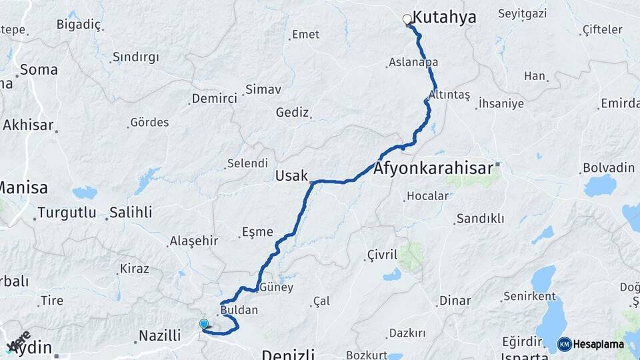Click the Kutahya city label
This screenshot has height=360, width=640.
[x=445, y=17]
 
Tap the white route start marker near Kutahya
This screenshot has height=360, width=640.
[x=407, y=19]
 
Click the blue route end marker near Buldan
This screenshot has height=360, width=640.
[x=204, y=324]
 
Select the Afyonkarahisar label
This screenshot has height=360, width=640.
[x=433, y=168]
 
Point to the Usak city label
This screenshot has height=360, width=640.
[x=291, y=176]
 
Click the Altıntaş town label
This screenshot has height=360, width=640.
[x=449, y=95]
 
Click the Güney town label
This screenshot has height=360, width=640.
[x=275, y=287]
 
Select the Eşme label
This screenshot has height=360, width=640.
[x=258, y=232]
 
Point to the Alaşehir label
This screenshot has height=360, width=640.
[x=194, y=241]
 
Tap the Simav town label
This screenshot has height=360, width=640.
[x=263, y=89]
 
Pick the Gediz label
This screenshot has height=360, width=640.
[x=292, y=113]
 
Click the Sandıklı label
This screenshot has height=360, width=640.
[x=480, y=219]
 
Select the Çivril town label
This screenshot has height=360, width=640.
[x=382, y=255]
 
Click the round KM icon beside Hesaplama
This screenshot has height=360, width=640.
[x=564, y=345]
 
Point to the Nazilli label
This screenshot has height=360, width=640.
[x=161, y=335]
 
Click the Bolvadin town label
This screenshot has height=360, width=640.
[x=608, y=167]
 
